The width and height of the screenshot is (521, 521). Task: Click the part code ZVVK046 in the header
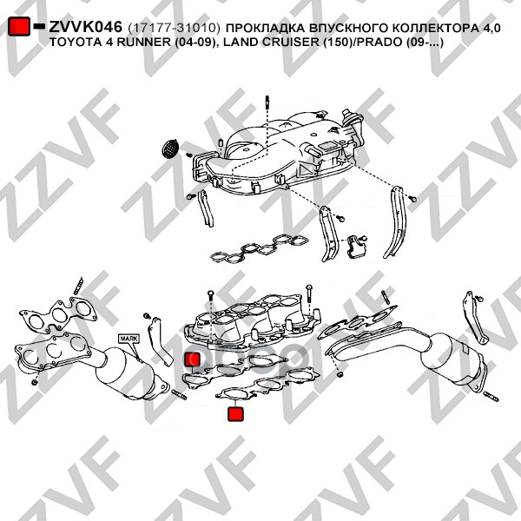85,27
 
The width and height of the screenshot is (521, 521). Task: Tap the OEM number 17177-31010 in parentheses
175,29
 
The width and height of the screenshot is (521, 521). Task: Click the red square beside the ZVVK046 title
19,26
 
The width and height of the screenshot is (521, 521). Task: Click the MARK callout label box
129,339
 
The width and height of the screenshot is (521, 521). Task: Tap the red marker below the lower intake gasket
235,414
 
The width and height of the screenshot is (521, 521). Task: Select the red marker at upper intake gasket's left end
193,359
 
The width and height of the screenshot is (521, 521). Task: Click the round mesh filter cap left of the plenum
170,148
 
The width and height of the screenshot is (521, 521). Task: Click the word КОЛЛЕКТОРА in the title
433,29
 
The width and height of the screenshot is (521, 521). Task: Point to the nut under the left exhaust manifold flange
34,382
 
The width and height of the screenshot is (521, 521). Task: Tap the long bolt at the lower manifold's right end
309,297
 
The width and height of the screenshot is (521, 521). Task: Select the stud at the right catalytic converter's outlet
491,397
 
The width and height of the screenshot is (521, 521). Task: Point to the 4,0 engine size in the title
490,29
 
